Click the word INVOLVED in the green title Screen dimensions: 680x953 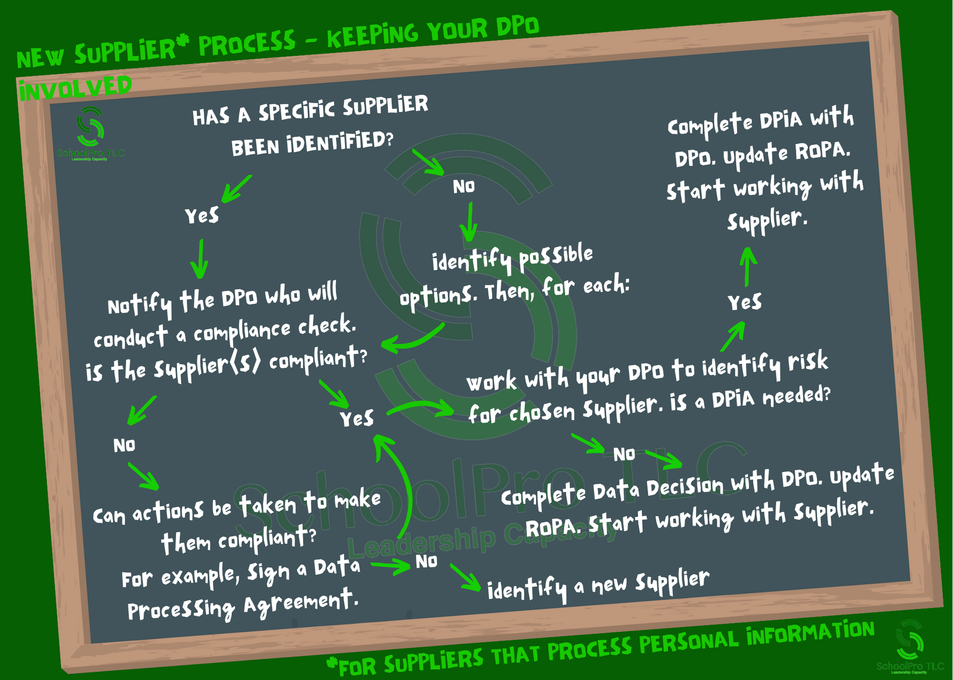[75, 89]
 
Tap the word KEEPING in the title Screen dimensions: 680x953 [373, 35]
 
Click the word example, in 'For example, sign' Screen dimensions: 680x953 [200, 577]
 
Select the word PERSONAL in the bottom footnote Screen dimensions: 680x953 [689, 641]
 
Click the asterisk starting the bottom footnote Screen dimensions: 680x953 [332, 663]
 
